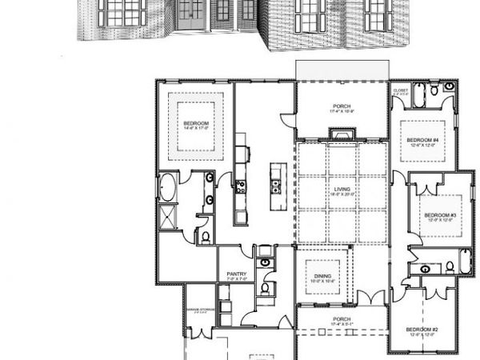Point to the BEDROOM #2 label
422,329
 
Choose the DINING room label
323,276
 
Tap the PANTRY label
236,274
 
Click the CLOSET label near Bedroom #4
401,90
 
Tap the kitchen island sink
276,187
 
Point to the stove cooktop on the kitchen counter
240,187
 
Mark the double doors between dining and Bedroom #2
370,298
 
